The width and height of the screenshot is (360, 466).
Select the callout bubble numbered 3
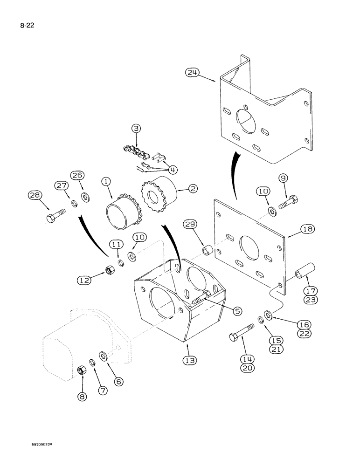pyautogui.click(x=136, y=128)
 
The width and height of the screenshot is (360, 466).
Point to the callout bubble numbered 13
pyautogui.click(x=190, y=360)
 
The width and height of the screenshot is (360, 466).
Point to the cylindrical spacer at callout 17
pyautogui.click(x=305, y=272)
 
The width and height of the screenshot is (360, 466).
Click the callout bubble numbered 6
pyautogui.click(x=118, y=381)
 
